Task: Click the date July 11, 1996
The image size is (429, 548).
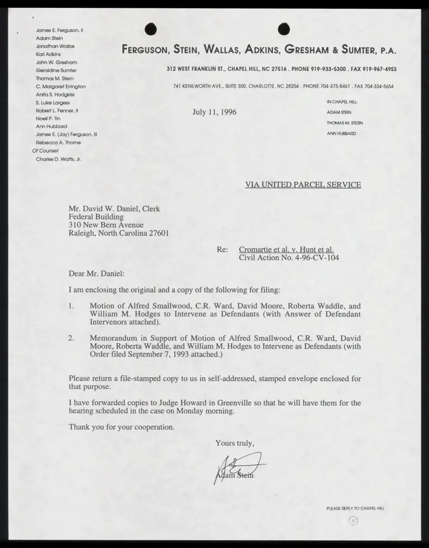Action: pos(214,112)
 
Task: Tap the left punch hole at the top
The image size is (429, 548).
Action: pos(150,29)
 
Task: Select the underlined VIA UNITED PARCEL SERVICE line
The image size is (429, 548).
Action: pos(303,185)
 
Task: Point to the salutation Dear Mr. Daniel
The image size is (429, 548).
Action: pos(97,274)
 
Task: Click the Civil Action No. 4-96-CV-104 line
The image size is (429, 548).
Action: pos(289,258)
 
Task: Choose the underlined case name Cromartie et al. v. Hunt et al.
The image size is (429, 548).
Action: pos(286,249)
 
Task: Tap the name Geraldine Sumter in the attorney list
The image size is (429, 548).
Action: pos(56,70)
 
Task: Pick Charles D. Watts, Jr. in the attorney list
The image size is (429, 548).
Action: pos(59,159)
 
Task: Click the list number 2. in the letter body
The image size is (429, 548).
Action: pos(71,338)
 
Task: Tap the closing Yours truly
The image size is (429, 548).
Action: pos(235,443)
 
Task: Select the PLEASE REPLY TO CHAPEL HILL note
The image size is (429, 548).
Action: pos(355,508)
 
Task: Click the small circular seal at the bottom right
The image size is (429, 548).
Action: pos(352,521)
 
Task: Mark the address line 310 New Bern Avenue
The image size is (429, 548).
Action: pos(106,225)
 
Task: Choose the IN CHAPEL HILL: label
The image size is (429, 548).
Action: pos(342,102)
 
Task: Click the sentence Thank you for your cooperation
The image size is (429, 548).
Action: pos(121,427)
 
